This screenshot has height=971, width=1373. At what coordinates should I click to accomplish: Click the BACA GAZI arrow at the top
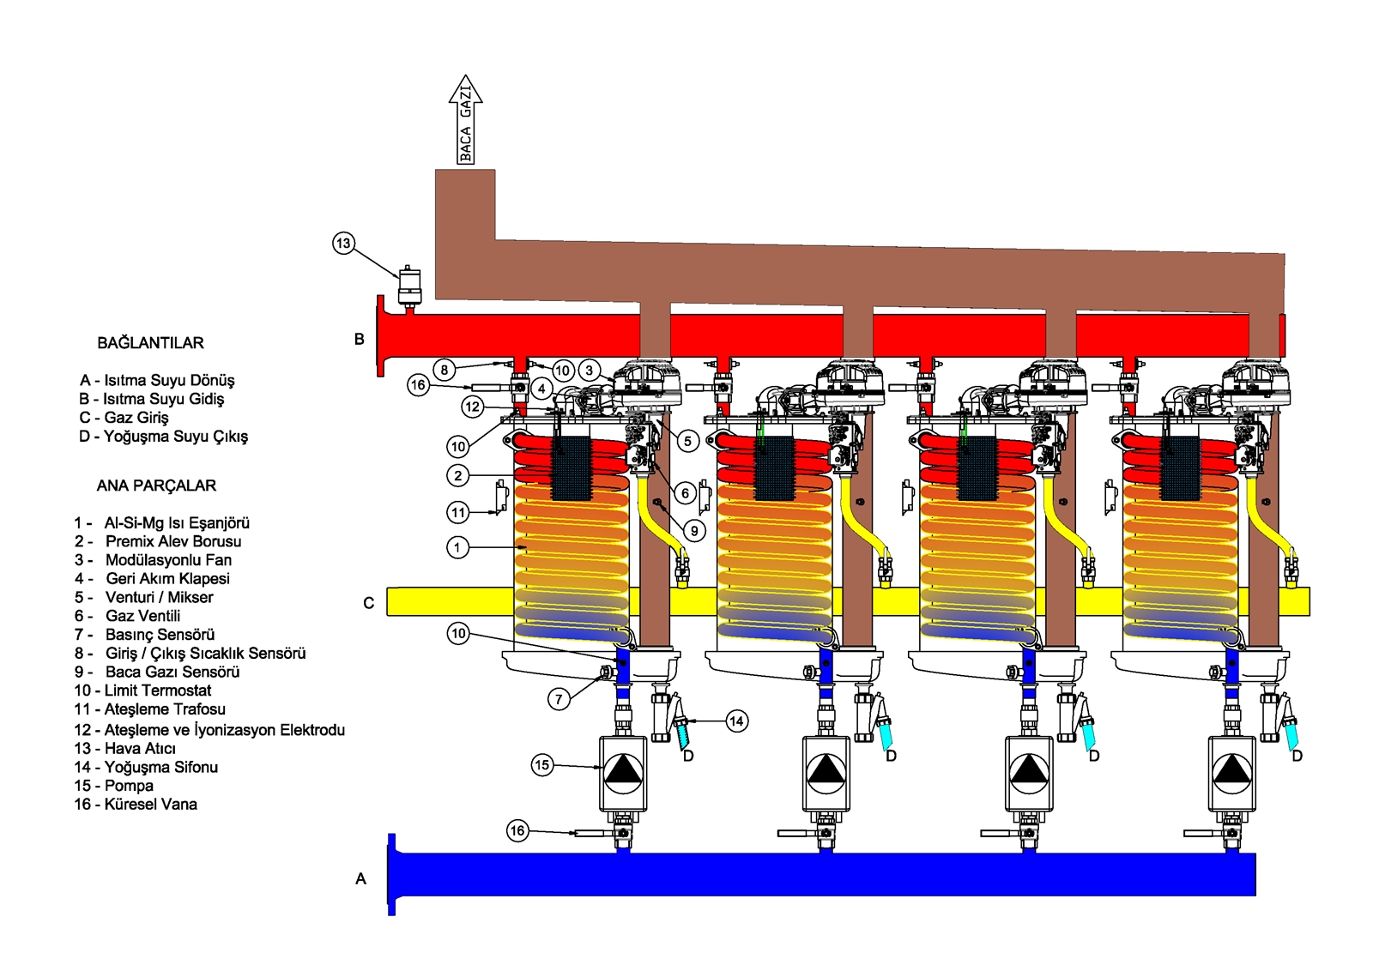[465, 120]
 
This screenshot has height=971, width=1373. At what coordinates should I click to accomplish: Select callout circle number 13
[343, 244]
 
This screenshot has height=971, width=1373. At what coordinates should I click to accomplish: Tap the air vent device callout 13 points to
[409, 286]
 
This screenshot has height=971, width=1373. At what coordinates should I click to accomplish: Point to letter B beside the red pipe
[360, 340]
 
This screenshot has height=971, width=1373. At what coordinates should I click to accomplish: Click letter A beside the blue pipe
[360, 878]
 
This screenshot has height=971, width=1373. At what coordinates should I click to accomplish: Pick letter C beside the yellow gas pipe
[368, 603]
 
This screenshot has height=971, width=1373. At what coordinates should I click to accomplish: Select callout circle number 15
[541, 765]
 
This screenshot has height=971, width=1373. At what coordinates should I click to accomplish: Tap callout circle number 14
[736, 721]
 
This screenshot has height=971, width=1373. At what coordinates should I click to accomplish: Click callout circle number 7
[559, 699]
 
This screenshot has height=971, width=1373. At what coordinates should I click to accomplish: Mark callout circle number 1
[458, 547]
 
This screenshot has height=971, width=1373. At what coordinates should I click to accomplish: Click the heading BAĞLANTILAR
[150, 343]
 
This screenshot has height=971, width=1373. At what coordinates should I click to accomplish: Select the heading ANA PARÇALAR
[156, 485]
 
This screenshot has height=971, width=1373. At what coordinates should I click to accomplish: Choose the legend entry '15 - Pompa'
[113, 786]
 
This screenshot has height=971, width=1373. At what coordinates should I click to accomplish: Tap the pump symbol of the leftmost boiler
[623, 773]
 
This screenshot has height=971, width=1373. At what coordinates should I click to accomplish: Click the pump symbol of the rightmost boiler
[1232, 773]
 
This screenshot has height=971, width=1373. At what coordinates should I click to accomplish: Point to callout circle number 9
[694, 531]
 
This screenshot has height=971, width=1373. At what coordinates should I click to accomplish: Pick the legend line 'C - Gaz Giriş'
[124, 418]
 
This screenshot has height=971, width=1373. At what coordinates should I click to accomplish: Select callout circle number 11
[458, 513]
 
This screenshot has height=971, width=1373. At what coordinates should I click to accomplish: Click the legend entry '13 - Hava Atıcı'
[124, 749]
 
